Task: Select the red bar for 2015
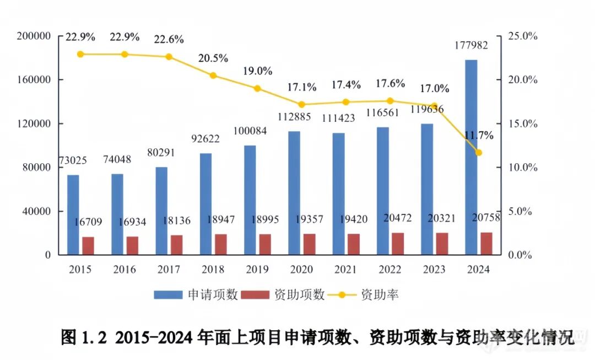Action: (x=88, y=246)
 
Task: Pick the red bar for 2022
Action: (x=398, y=244)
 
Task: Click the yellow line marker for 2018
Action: (x=213, y=76)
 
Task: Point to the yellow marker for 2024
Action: (x=478, y=153)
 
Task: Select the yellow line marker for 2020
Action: (x=301, y=105)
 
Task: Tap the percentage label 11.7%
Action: (x=478, y=135)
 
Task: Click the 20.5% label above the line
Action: (x=213, y=58)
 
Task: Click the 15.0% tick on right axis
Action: (x=521, y=123)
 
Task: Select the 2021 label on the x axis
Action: (x=345, y=270)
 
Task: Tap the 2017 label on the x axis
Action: (x=169, y=270)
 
